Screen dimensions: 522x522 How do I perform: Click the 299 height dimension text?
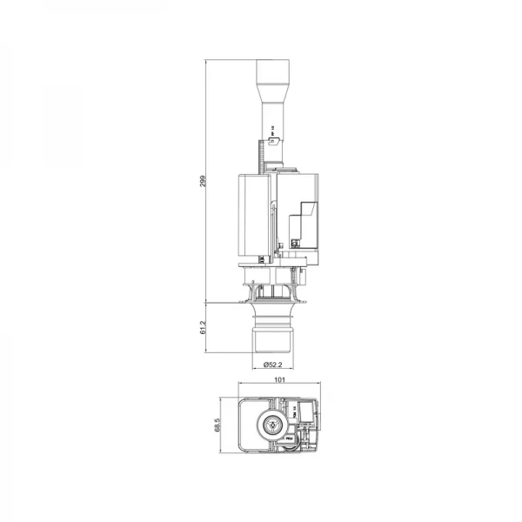pyautogui.click(x=202, y=181)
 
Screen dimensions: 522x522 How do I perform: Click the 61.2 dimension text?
pyautogui.click(x=202, y=327)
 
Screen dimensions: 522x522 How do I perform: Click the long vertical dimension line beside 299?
pyautogui.click(x=209, y=181)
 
